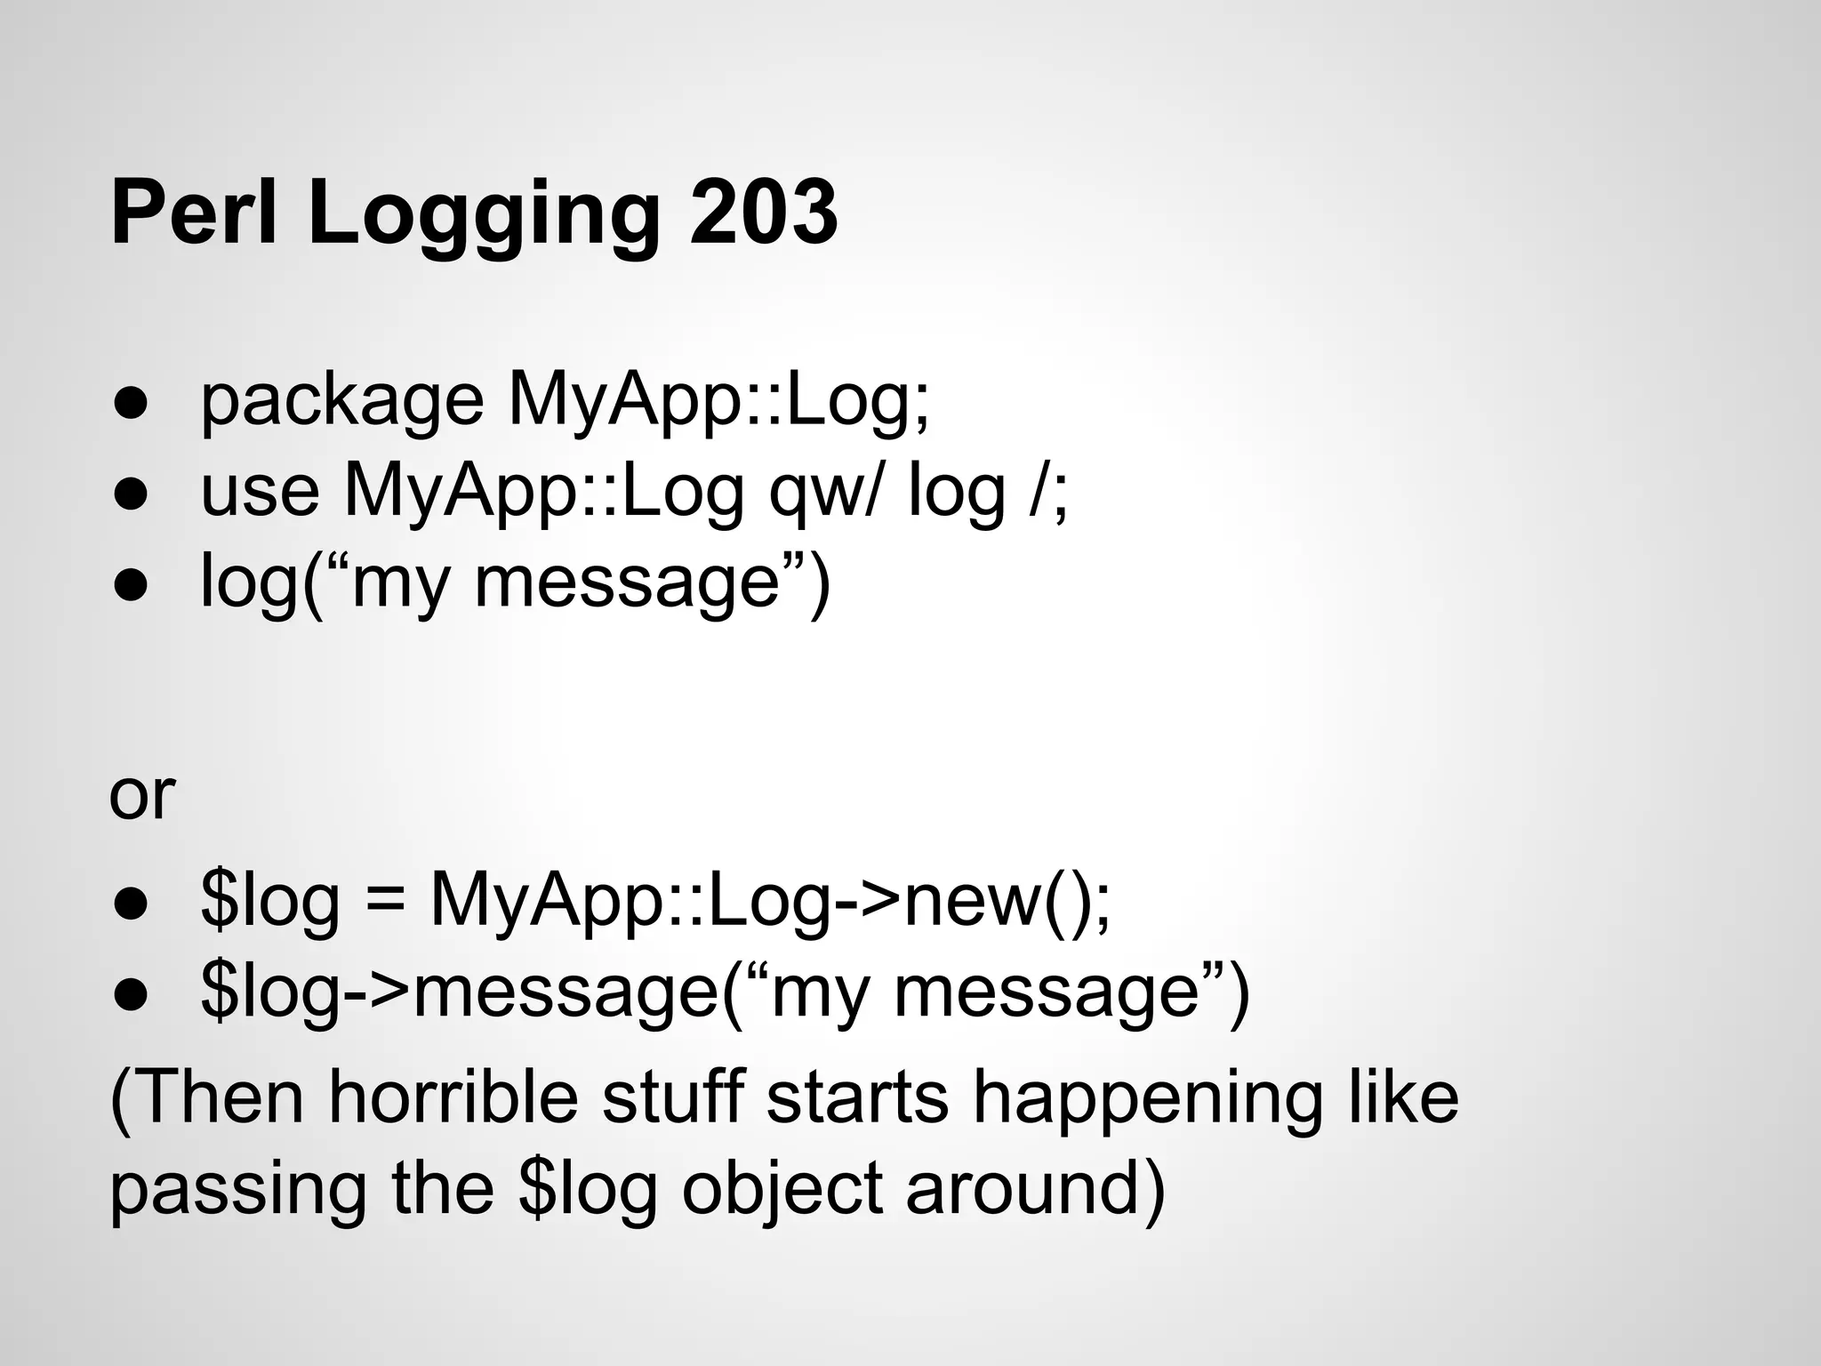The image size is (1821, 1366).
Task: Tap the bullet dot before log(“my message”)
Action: pos(130,585)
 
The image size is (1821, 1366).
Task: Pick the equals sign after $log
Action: pos(384,902)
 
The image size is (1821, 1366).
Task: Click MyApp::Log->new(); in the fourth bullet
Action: pos(770,902)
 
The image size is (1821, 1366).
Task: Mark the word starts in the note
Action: pos(858,1097)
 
